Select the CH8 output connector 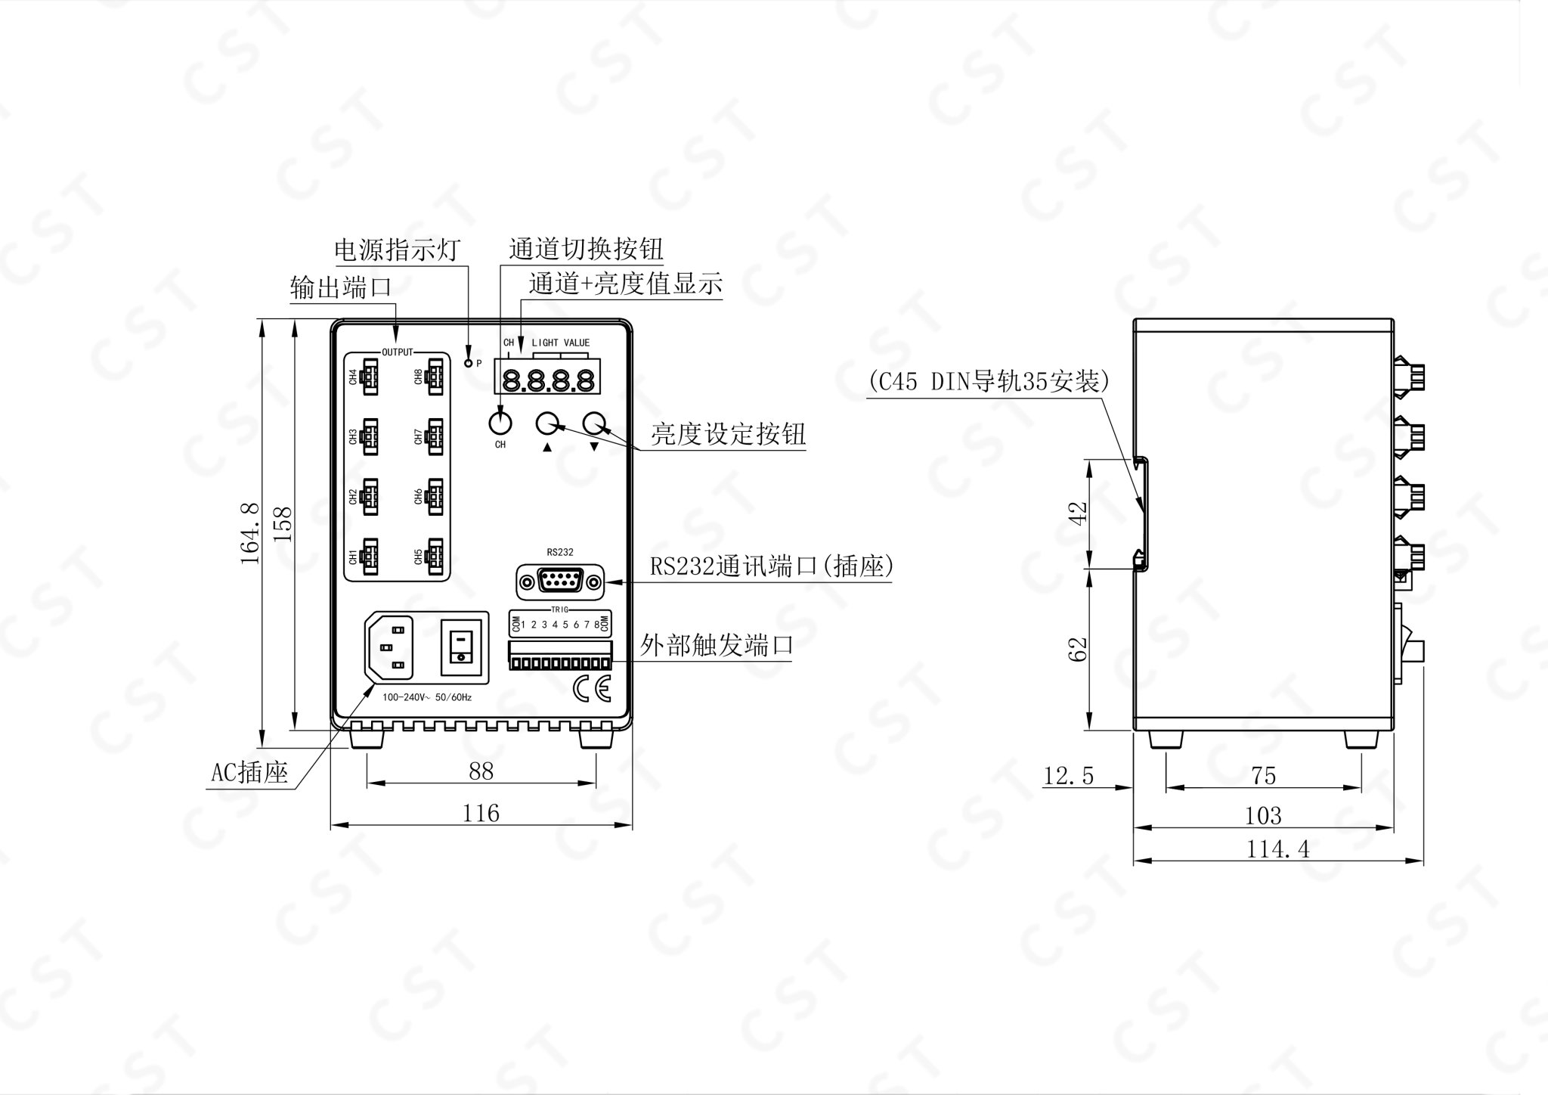coord(435,376)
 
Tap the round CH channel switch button coord(500,420)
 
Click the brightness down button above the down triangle coord(596,423)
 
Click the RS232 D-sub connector coord(560,582)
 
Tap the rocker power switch coord(460,647)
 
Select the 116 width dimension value coord(481,813)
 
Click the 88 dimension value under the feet coord(481,771)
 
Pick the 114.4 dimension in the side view coord(1277,849)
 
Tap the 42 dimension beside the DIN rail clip coord(1079,513)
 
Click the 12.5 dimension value coord(1069,776)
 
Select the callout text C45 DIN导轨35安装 coord(988,381)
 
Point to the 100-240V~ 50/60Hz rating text coord(426,697)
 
